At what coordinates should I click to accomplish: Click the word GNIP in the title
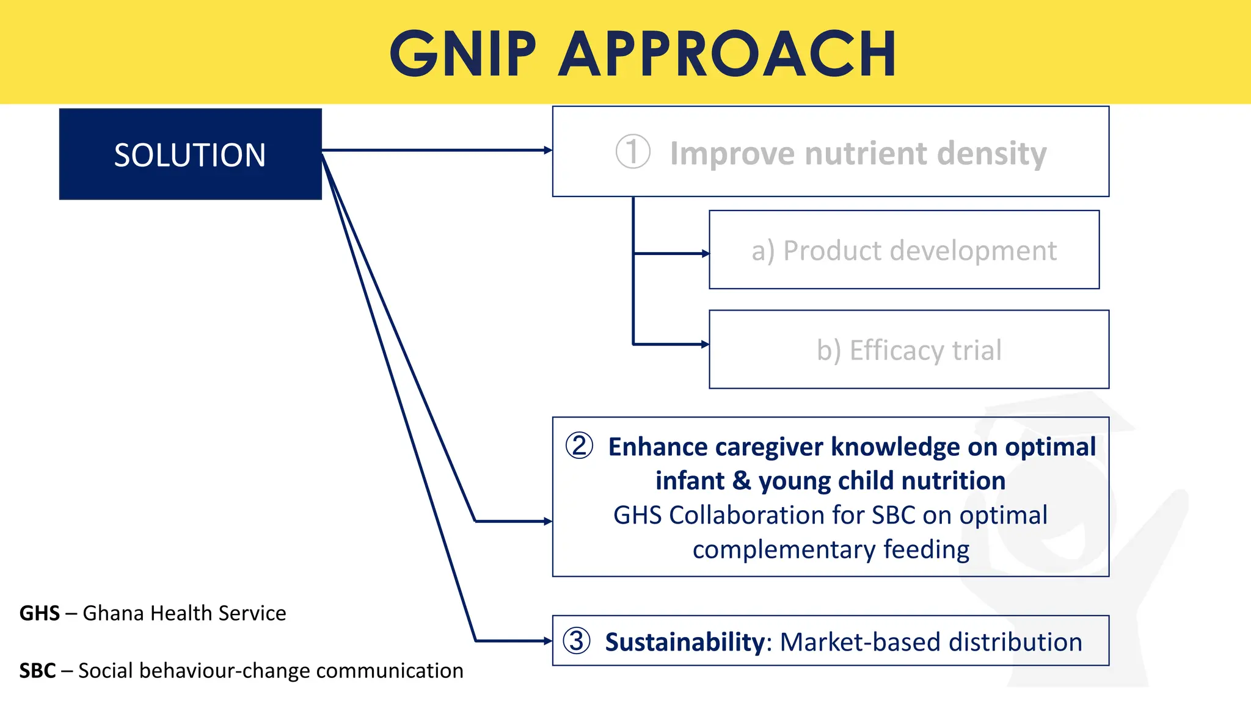point(462,54)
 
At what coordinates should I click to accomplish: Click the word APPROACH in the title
point(728,54)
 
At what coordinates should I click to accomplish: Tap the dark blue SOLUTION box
point(190,154)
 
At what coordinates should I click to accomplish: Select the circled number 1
point(632,152)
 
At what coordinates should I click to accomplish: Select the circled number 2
point(579,446)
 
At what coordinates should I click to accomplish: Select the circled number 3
point(577,641)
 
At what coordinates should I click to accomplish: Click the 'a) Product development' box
point(903,250)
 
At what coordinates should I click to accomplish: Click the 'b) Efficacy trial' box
point(908,350)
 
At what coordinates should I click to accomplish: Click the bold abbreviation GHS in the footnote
point(40,613)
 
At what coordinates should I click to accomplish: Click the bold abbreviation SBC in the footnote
point(38,671)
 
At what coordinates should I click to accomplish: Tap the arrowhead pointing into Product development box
point(706,253)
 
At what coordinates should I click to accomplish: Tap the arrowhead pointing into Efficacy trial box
point(706,344)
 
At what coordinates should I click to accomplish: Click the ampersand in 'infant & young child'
point(742,481)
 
